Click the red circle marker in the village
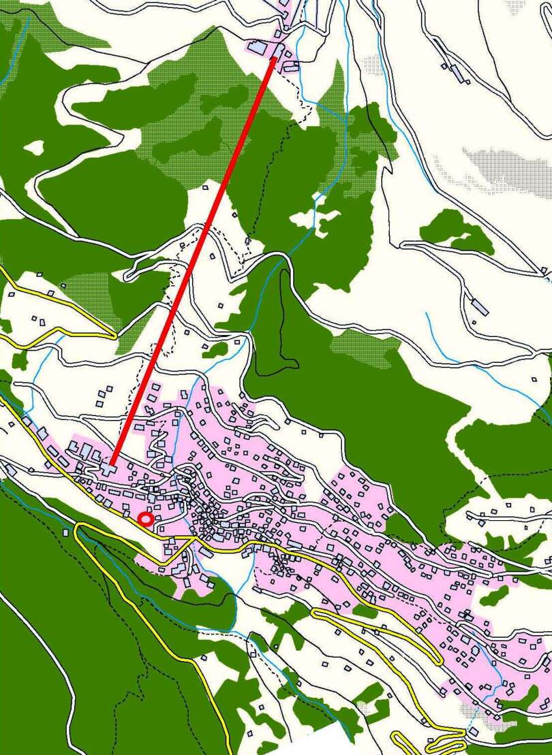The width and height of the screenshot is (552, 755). click(145, 519)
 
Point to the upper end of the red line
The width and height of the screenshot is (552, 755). click(274, 59)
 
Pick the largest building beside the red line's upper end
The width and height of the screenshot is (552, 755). click(258, 48)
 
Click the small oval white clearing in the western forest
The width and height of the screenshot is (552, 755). click(34, 146)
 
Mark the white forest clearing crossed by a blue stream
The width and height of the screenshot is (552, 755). click(315, 219)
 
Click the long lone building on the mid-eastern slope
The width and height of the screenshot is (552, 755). click(480, 306)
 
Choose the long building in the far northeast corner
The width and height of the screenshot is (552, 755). click(456, 71)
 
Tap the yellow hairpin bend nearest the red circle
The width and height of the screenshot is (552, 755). click(79, 527)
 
